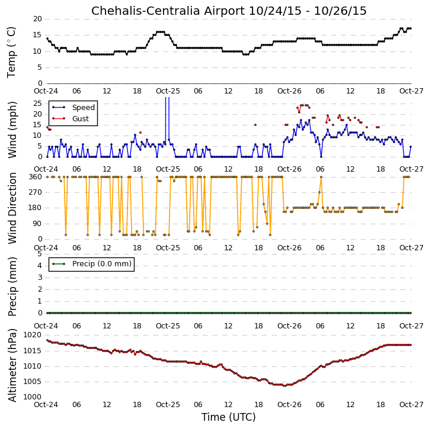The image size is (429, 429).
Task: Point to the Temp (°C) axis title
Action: tap(12, 52)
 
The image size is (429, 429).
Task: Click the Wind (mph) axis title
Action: tap(12, 130)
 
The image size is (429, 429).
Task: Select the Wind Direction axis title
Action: tap(12, 208)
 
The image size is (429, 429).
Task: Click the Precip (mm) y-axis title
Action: tap(12, 286)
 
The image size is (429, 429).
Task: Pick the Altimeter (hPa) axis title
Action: tap(12, 365)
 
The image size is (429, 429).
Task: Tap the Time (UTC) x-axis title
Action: tap(229, 417)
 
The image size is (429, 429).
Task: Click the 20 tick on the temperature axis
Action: tap(37, 19)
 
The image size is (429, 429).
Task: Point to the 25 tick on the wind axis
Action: tap(37, 104)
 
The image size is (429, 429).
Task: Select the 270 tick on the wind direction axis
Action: tap(36, 192)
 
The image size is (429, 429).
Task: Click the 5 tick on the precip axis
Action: tap(40, 254)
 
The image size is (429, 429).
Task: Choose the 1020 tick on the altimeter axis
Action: tap(32, 335)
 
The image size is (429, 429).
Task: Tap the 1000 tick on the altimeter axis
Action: tap(32, 397)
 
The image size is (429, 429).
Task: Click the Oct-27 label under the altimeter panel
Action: tap(411, 405)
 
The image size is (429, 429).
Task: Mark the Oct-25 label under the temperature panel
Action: tap(168, 91)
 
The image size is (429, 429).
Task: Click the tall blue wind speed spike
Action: tap(167, 120)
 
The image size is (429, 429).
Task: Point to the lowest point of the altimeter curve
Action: tap(285, 386)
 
